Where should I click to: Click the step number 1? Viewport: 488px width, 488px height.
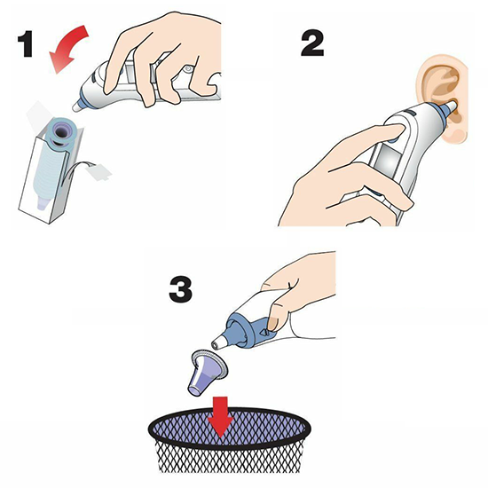click(26, 43)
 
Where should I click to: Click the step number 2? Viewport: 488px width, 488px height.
click(312, 43)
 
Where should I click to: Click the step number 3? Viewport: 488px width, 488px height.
click(180, 290)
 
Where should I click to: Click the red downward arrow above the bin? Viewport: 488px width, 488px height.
click(220, 416)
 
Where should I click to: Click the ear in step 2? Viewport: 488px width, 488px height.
click(444, 98)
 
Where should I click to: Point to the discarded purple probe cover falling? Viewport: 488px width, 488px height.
click(207, 373)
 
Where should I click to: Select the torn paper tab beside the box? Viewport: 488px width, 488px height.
click(99, 171)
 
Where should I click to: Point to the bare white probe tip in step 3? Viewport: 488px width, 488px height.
click(220, 342)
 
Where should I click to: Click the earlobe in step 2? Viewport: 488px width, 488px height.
click(457, 135)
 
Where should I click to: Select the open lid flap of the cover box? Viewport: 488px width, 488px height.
click(38, 115)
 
